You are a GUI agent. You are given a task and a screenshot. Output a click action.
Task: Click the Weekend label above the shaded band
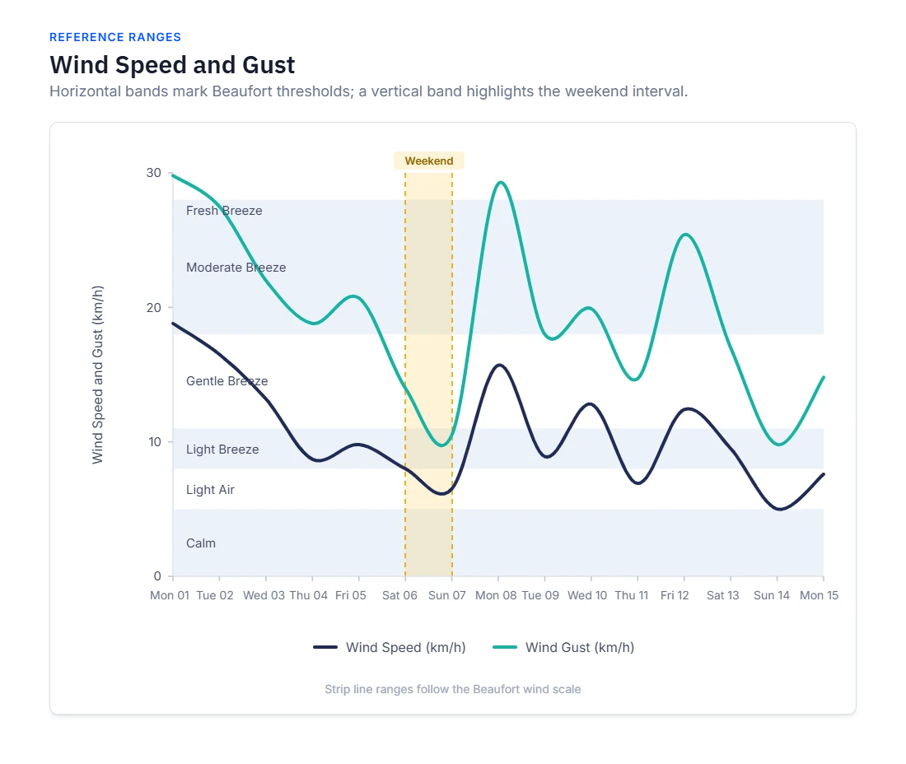pos(429,161)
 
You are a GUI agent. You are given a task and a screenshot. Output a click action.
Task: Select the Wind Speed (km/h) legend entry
pos(390,647)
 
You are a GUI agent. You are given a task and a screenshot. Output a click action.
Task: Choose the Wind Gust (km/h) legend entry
pos(563,647)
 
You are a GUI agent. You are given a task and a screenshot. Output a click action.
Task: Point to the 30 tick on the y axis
pos(154,173)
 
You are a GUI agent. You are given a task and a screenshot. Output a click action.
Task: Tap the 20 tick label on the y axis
pos(154,307)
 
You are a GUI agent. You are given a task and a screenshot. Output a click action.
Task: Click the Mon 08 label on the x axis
pos(496,595)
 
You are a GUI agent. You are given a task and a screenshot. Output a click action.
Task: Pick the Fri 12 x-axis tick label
pos(675,595)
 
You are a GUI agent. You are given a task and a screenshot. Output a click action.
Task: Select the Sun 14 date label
pos(772,595)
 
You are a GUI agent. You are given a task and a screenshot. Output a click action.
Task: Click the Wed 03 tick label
pos(264,595)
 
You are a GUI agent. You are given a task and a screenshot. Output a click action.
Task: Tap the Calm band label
pos(200,543)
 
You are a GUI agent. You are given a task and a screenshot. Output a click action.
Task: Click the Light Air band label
pos(210,490)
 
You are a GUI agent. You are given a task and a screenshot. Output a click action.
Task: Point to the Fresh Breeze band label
pos(224,211)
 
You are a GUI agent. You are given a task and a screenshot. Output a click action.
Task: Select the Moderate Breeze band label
pos(236,268)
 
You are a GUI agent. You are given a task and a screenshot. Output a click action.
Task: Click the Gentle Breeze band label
pos(227,381)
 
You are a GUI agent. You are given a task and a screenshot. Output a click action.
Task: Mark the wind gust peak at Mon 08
pos(501,183)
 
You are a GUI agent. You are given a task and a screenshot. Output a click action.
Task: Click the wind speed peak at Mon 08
pos(499,365)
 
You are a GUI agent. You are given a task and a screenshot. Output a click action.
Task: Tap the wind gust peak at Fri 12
pos(684,234)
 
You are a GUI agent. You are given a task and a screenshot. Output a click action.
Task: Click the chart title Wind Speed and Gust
pos(172,65)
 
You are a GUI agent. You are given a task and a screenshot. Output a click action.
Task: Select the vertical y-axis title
pos(98,375)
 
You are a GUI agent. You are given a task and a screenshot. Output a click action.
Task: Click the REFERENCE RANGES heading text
pos(115,38)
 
